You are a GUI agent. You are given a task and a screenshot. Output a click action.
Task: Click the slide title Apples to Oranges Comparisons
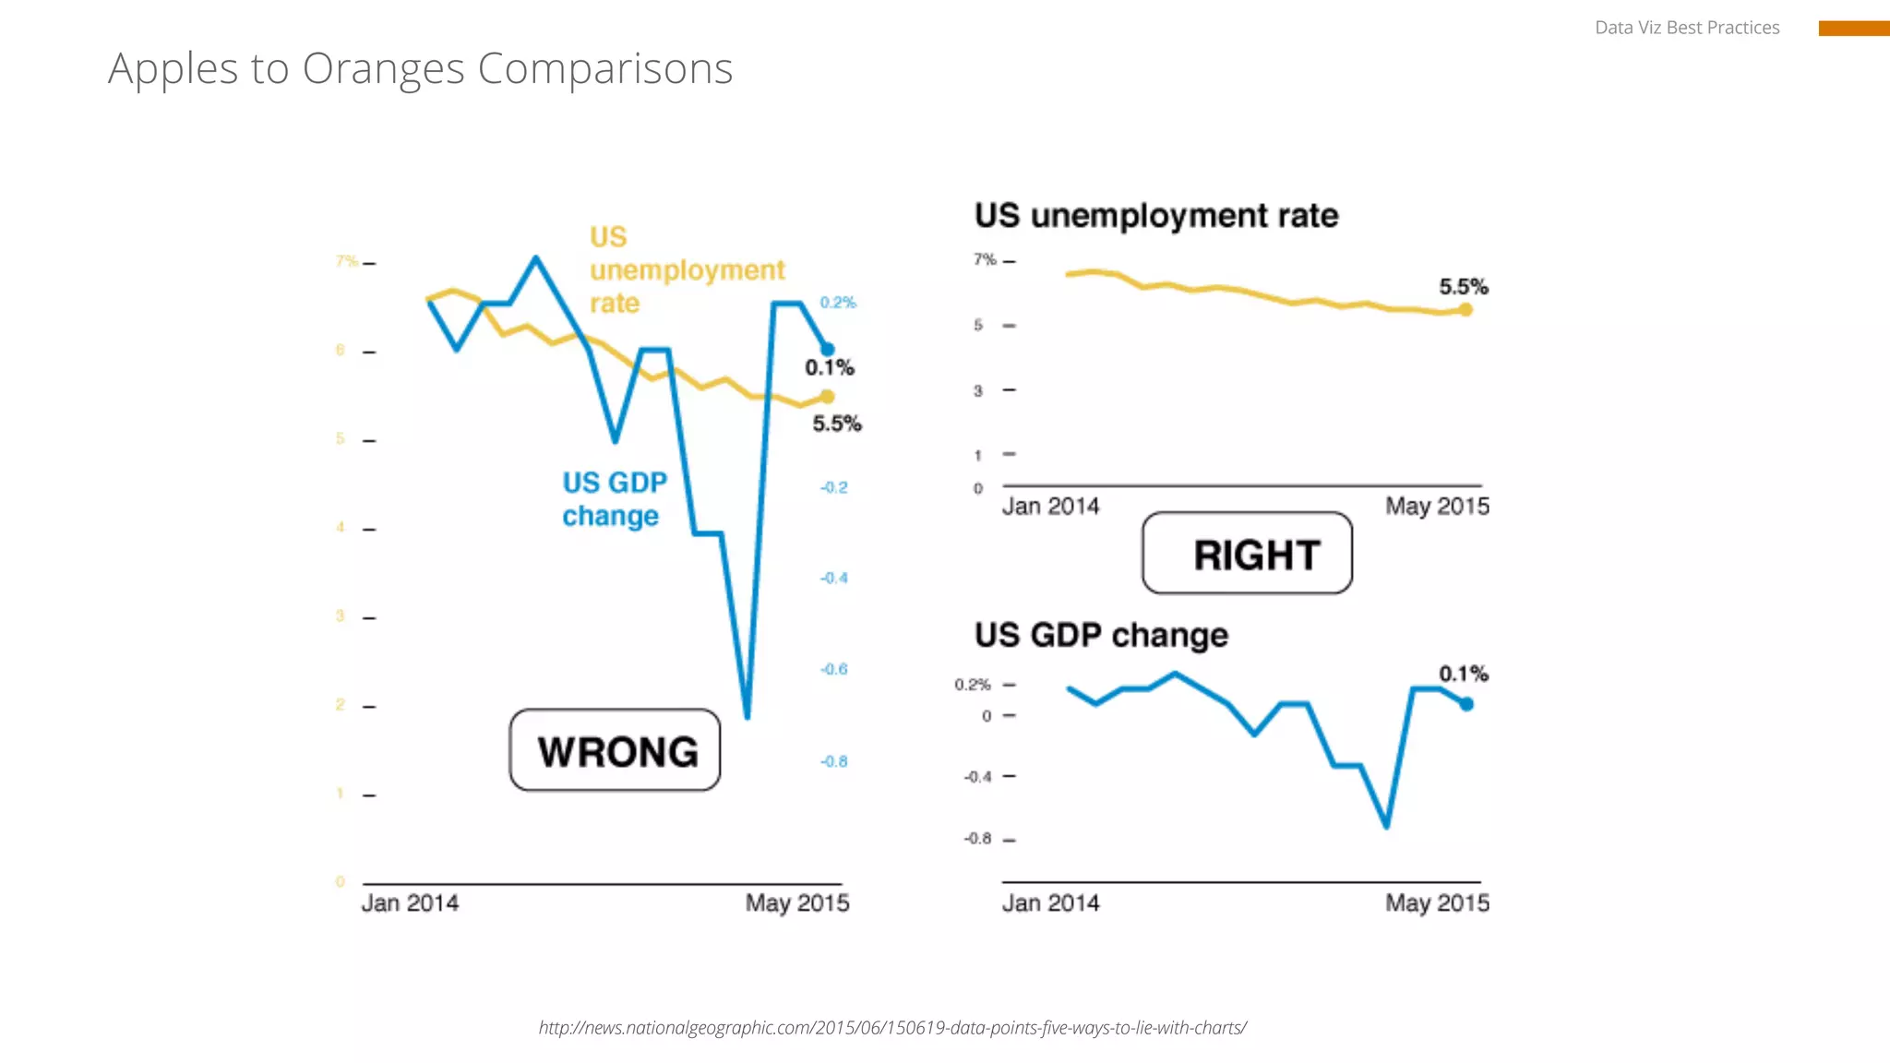coord(420,68)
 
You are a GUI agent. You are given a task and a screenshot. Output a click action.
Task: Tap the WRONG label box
coord(616,750)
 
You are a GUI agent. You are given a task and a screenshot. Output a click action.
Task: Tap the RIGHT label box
coord(1248,554)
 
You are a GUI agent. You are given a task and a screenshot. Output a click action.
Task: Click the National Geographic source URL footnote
coord(892,1028)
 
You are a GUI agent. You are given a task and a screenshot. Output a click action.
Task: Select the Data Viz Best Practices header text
coord(1686,28)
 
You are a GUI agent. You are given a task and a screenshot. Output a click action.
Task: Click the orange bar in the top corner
coord(1853,29)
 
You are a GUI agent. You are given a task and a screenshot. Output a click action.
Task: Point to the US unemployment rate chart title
coord(1156,216)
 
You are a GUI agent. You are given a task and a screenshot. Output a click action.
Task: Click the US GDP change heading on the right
coord(1101,635)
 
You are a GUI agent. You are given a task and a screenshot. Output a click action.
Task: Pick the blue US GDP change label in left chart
coord(614,499)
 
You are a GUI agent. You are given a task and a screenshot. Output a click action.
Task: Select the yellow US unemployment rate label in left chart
coord(686,269)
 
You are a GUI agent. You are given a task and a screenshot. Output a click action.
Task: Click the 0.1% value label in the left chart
coord(829,368)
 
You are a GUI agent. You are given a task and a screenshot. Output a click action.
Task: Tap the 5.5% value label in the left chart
coord(836,424)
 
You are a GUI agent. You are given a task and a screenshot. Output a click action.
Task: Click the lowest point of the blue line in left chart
coord(747,715)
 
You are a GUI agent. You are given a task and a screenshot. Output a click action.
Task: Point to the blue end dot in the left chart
coord(828,349)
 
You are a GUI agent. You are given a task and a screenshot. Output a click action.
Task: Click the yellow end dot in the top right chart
coord(1465,310)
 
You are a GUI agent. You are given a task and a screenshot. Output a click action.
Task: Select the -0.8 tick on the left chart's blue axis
coord(833,761)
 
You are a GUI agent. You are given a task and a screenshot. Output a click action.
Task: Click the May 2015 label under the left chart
coord(797,902)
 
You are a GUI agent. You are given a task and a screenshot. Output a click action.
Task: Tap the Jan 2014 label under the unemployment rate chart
coord(1050,507)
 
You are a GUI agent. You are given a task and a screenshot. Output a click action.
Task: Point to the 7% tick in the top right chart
coord(985,260)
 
